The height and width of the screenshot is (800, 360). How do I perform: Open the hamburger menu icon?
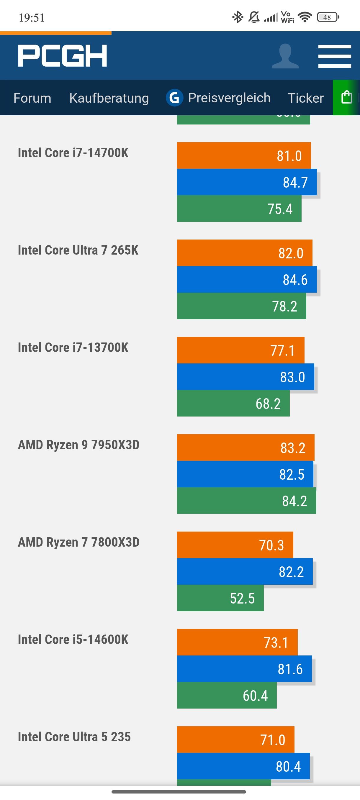coord(335,56)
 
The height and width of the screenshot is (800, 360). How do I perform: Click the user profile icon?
coord(285,56)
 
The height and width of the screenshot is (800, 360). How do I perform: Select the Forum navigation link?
coord(32,98)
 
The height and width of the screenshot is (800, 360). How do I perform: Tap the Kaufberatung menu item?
coord(109,98)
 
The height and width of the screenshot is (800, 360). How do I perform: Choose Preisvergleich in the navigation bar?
coord(218,98)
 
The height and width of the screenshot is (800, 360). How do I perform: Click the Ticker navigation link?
coord(306,98)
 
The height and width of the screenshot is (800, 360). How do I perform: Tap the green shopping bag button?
coord(346,98)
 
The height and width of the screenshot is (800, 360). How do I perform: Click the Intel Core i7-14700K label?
coord(73,153)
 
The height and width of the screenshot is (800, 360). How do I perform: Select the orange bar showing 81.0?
coord(244,155)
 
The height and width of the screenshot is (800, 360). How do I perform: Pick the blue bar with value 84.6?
coord(247,280)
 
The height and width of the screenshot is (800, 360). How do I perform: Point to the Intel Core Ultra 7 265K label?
coord(78,250)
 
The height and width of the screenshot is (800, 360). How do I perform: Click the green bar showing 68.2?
coord(233,404)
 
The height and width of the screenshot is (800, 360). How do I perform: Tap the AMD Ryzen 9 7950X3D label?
coord(78,445)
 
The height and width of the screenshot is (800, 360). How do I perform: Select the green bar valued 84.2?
coord(246,501)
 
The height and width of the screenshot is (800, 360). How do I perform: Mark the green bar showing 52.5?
coord(220,598)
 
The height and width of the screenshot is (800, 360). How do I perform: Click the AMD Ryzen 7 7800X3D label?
coord(78,542)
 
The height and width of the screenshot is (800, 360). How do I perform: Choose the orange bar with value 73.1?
coord(237,642)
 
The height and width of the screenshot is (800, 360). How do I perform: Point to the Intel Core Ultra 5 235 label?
coord(74,737)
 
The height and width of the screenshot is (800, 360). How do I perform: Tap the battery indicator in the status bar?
coord(328,17)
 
